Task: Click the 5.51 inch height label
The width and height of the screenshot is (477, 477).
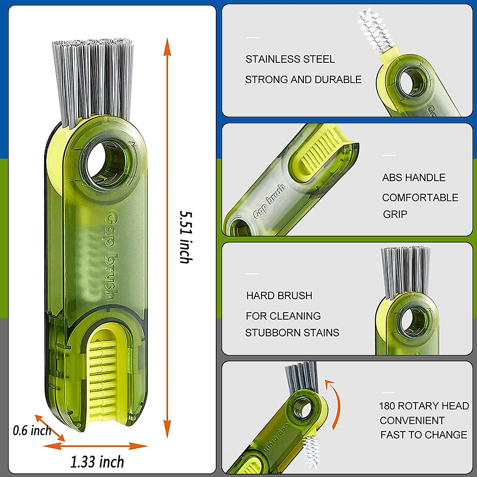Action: click(x=185, y=237)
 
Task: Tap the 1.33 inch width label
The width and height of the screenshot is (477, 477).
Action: click(x=97, y=462)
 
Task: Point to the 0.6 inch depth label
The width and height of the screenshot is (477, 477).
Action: click(x=32, y=430)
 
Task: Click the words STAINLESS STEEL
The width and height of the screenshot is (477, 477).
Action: click(x=290, y=60)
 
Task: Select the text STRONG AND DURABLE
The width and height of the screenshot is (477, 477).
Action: click(x=303, y=79)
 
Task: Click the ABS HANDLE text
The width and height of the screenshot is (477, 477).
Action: click(x=414, y=178)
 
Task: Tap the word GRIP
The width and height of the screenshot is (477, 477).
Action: click(x=395, y=214)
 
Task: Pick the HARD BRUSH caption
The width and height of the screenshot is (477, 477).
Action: click(x=279, y=296)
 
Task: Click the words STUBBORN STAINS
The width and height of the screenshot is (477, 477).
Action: click(x=292, y=333)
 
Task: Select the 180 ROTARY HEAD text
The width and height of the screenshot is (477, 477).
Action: click(x=424, y=406)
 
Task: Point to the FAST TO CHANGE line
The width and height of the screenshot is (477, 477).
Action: click(x=424, y=435)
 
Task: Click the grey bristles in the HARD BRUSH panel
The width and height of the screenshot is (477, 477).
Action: click(x=405, y=270)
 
